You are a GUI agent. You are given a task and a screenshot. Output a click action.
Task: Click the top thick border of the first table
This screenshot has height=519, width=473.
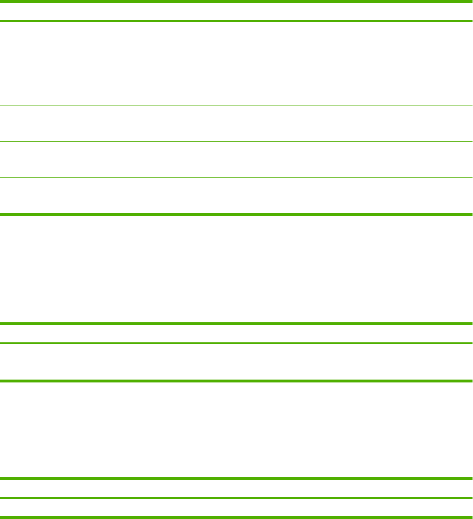coord(236,1)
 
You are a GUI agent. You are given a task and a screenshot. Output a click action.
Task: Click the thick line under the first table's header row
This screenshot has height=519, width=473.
coord(236,21)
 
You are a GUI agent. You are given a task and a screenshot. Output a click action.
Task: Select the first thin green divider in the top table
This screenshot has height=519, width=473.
coord(236,106)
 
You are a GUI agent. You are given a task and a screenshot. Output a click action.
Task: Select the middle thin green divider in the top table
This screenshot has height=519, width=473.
coord(236,141)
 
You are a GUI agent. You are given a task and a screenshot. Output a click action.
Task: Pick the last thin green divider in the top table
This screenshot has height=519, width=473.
coord(236,178)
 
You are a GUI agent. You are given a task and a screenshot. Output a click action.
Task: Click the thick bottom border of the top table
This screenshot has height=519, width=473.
coord(236,214)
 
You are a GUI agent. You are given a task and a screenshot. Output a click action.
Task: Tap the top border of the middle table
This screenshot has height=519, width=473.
coord(236,324)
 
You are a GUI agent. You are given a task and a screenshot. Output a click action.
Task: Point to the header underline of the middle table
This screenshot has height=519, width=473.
coord(236,343)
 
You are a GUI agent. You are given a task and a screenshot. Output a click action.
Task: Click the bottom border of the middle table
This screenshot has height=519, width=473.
coord(236,381)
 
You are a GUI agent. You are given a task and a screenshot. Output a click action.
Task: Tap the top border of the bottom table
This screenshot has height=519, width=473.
coord(236,478)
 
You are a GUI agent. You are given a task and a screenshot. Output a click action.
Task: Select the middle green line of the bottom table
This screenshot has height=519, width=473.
coord(236,498)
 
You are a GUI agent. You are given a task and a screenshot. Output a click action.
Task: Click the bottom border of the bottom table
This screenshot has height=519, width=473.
coord(236,517)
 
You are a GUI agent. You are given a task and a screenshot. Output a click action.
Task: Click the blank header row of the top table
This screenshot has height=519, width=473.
coord(236,11)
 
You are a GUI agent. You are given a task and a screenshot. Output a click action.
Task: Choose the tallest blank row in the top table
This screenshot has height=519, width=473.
coord(236,64)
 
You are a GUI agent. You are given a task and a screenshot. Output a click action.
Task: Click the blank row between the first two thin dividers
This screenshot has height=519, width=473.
coord(236,124)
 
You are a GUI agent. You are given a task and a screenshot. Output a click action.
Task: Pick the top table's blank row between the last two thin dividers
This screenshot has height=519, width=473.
coord(236,159)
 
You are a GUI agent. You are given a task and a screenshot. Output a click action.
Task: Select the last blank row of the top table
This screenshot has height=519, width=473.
coord(236,196)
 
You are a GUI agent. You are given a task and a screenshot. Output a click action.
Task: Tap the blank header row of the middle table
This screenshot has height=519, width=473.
coord(236,334)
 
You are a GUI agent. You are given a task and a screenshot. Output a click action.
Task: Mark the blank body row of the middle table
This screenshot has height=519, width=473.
coord(236,362)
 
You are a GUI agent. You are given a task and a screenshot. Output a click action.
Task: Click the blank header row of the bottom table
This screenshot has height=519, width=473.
coord(236,488)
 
